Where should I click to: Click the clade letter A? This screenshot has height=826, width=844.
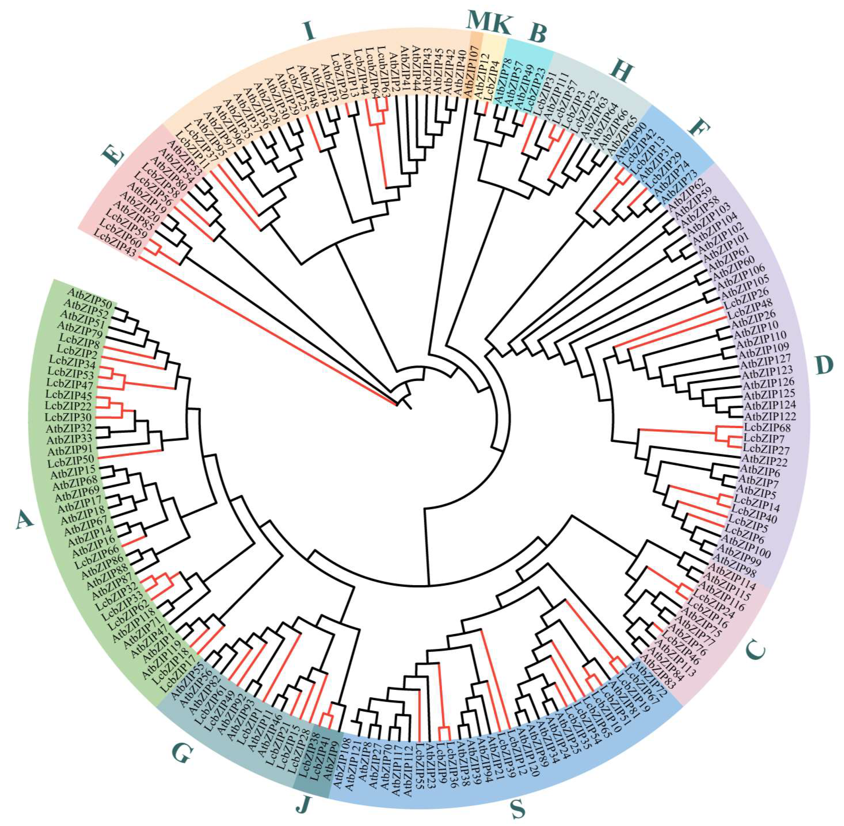(24, 519)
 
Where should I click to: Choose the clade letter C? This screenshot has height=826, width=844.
(755, 650)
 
